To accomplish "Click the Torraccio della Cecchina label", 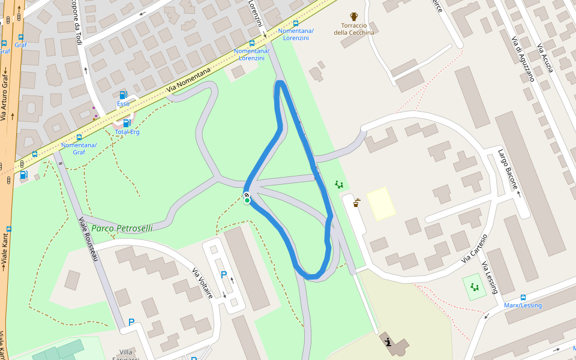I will coord(354,29).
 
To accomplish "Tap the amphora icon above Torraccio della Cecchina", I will coord(354,17).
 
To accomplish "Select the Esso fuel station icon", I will coord(123,95).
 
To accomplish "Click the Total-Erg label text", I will coord(127,132).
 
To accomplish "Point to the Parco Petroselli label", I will coord(122,228).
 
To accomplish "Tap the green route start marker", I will coord(247,200).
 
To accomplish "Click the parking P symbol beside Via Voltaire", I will coord(224,275).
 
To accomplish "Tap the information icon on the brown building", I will coord(388,343).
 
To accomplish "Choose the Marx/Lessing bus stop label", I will coord(523,305).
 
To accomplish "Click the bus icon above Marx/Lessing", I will coord(523,298).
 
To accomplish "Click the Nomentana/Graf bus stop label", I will coord(79,148).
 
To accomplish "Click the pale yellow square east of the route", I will coord(381,203).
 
